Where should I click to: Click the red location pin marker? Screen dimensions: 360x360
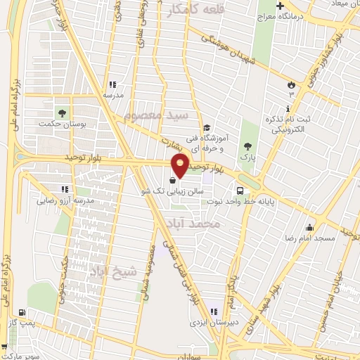181,166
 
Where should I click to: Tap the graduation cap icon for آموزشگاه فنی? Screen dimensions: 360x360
206,128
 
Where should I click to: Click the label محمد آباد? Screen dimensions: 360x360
194,224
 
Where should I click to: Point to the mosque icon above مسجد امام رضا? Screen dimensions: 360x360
309,227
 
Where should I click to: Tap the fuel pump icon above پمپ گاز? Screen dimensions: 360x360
22,312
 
